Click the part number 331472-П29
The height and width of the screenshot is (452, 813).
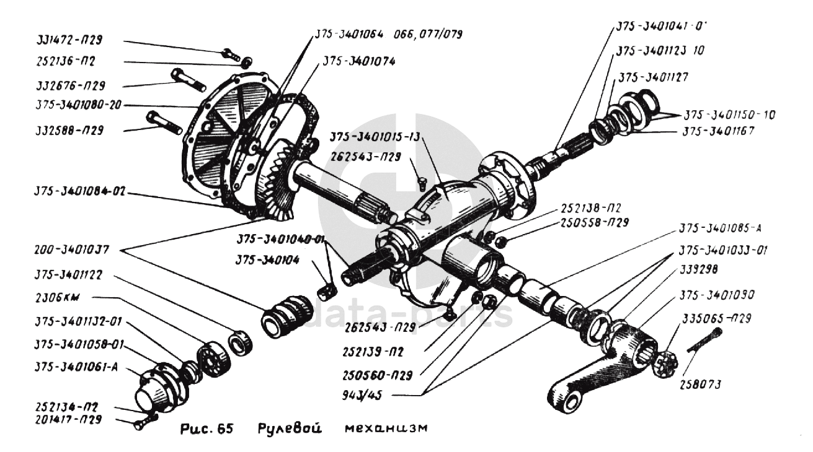point(69,40)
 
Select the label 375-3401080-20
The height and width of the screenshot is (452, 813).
point(78,105)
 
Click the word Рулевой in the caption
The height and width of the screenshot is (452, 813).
point(290,428)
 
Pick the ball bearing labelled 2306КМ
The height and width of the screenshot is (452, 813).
point(213,360)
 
